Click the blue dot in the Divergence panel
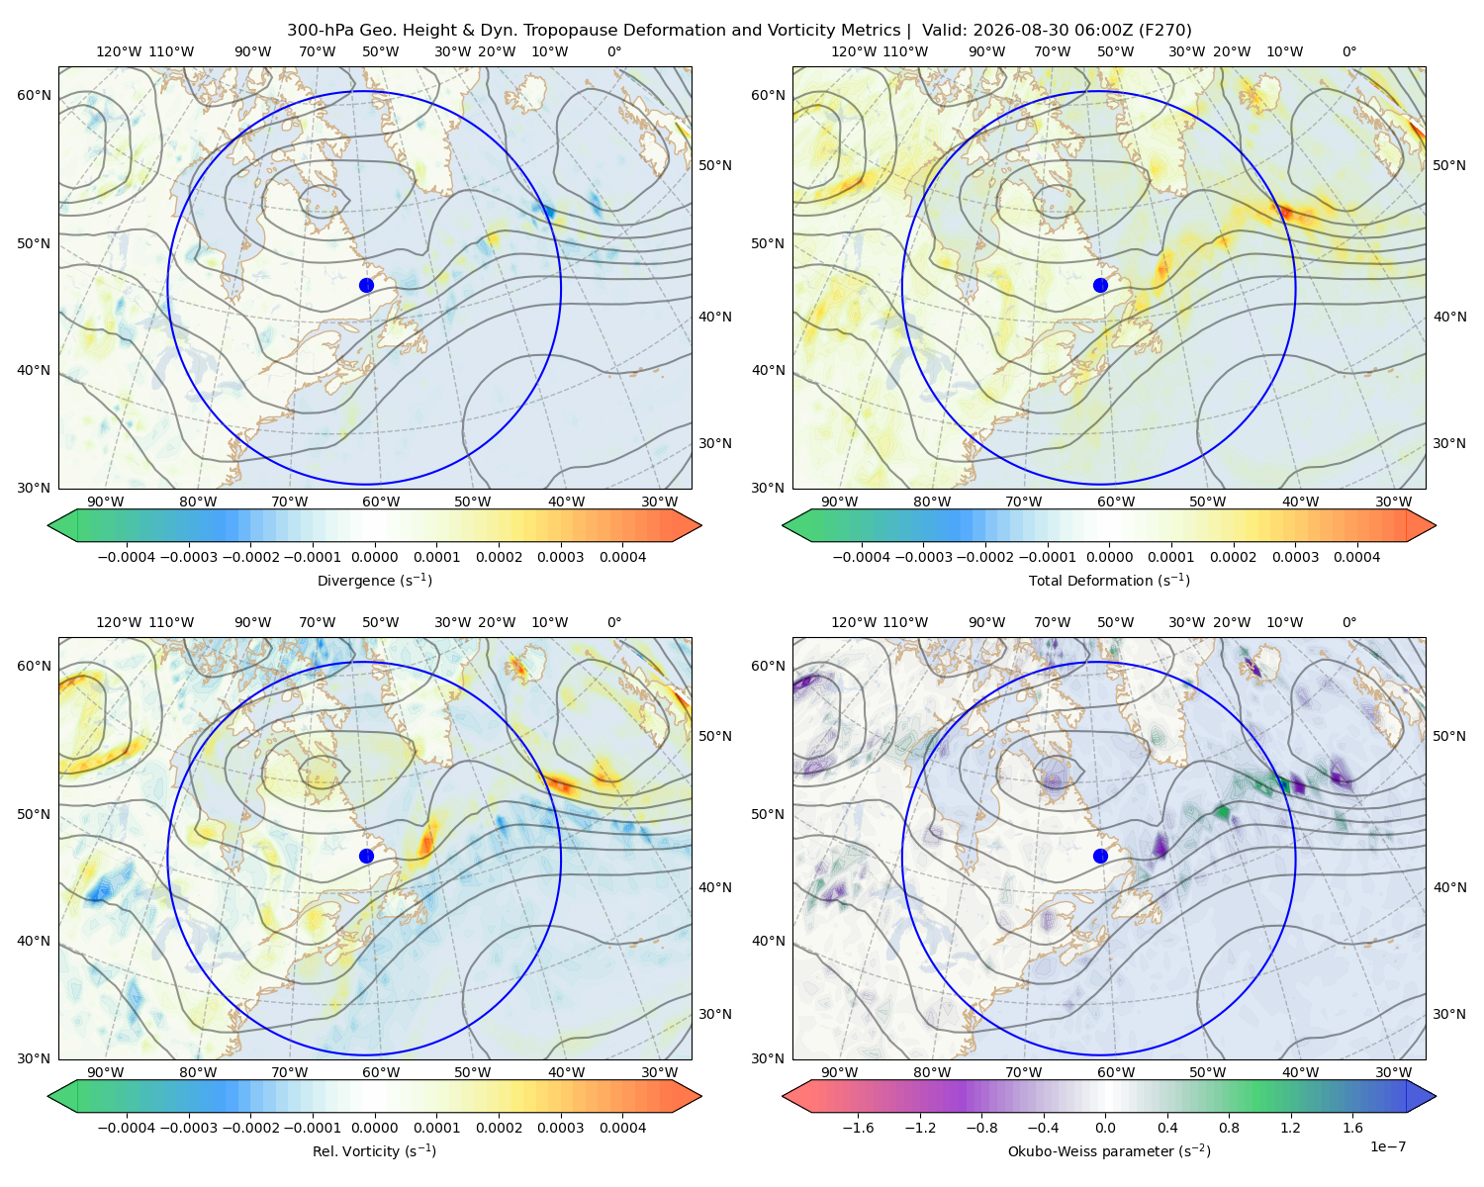click(366, 286)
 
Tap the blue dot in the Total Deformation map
click(1100, 286)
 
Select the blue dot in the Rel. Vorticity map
click(366, 856)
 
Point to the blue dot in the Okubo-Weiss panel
click(1100, 856)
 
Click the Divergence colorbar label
click(374, 581)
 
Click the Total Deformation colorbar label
click(1109, 581)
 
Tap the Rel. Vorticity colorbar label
click(374, 1151)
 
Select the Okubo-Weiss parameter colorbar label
click(1109, 1151)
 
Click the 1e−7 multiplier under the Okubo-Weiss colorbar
click(1387, 1146)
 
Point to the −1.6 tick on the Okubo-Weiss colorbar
click(859, 1128)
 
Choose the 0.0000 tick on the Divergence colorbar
click(374, 557)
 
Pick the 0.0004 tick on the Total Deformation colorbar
click(1357, 557)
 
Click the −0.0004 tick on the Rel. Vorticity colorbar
click(127, 1128)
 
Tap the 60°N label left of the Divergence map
click(34, 95)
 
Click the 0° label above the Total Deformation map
click(1349, 51)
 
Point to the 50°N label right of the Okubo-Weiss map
click(1449, 736)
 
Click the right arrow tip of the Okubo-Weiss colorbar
click(1436, 1096)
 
